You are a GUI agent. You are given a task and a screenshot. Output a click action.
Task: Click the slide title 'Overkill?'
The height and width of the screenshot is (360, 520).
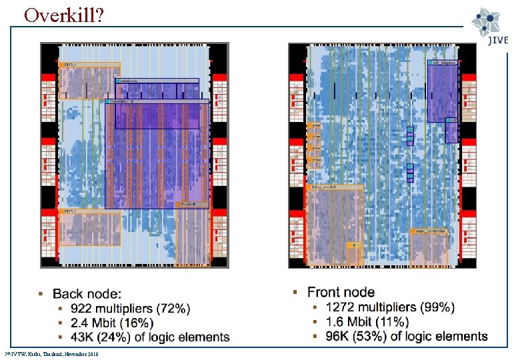click(x=63, y=15)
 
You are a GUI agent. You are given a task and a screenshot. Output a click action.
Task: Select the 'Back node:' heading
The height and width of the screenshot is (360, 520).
click(x=87, y=294)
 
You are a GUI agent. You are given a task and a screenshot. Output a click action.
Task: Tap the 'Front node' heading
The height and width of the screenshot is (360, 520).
click(x=341, y=292)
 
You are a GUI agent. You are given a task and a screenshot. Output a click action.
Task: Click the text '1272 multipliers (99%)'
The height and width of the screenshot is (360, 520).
click(x=390, y=307)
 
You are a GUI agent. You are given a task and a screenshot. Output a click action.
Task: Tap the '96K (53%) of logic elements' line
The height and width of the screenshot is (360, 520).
click(x=406, y=337)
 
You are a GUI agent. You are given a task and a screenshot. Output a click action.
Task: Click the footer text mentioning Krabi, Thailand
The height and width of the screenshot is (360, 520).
click(x=52, y=353)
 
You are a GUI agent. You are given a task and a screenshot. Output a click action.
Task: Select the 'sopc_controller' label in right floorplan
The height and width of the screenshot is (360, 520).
click(x=430, y=231)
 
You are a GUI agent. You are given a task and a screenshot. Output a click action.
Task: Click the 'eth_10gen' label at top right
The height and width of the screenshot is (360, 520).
click(x=443, y=63)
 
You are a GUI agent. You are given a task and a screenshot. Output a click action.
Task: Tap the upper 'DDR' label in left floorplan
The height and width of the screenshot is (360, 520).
click(x=69, y=65)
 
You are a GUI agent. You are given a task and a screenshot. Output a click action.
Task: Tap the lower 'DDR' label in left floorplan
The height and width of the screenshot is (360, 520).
click(x=69, y=211)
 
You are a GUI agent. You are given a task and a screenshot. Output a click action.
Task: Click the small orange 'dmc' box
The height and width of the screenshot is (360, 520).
click(x=357, y=246)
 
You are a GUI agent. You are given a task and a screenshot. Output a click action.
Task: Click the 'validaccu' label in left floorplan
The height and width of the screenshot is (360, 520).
click(x=129, y=81)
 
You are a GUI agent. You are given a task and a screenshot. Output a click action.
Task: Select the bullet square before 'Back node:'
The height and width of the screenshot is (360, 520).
click(x=41, y=294)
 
